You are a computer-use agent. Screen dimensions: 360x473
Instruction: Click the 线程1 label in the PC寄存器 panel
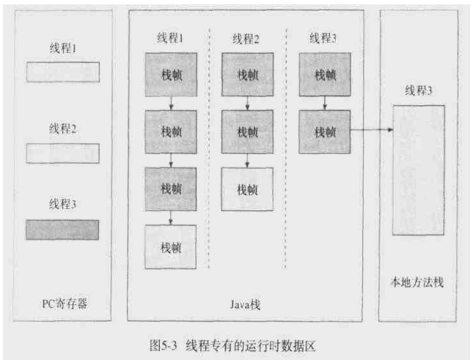[63, 48]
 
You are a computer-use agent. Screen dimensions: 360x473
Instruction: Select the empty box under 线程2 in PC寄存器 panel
[63, 153]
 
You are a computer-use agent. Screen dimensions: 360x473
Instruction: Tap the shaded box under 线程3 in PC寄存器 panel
[63, 229]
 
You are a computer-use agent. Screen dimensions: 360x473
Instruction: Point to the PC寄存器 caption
[63, 302]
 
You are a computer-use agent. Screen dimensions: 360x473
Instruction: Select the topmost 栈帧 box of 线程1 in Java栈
[171, 74]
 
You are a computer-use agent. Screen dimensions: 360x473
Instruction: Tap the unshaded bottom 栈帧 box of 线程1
[171, 246]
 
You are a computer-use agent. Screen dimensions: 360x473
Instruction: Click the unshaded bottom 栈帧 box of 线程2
[247, 189]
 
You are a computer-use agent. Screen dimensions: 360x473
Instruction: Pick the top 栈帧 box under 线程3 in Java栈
[324, 74]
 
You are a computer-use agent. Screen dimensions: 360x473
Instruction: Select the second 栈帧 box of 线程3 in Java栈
[324, 132]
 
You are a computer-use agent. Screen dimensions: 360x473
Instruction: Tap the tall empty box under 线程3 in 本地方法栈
[418, 169]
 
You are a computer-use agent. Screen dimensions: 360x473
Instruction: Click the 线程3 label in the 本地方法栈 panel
[418, 90]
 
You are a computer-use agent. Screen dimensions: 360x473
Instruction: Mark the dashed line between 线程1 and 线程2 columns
[209, 147]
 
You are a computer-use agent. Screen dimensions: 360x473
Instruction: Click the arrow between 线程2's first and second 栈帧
[247, 103]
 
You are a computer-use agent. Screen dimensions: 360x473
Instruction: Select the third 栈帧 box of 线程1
[171, 189]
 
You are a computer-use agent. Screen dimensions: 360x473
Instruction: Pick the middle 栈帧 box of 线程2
[247, 132]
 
